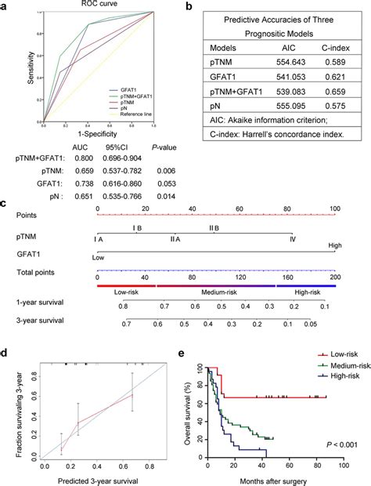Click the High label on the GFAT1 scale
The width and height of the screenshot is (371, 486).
[x=334, y=245]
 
